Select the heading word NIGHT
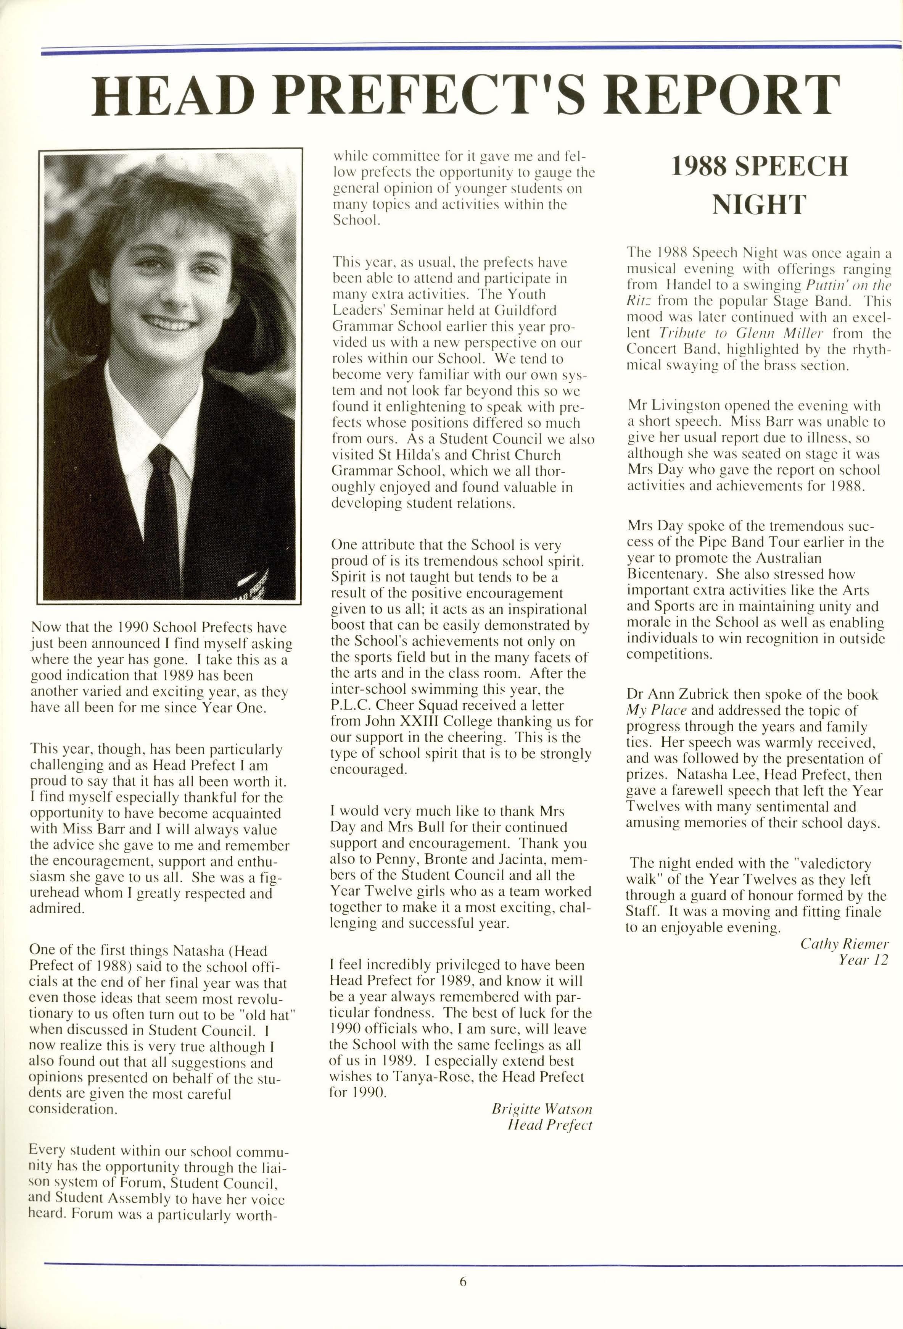758,204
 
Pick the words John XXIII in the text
392,722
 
